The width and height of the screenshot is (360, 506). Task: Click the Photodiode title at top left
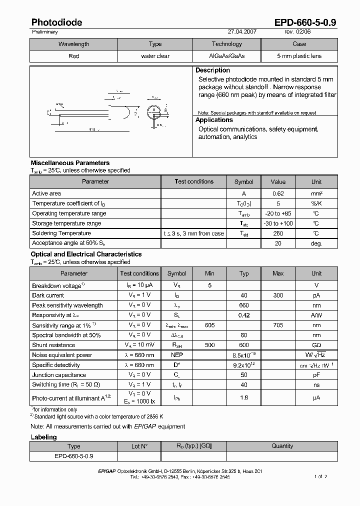56,22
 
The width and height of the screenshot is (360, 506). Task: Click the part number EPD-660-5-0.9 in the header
305,22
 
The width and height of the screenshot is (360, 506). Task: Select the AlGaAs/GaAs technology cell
226,56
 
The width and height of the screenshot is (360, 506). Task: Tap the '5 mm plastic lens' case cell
299,56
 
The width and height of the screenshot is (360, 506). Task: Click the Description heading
212,70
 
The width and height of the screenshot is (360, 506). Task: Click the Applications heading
214,120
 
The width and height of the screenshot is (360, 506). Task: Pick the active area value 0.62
278,193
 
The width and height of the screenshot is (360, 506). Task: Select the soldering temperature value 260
278,233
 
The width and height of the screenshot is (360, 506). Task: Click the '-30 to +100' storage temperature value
278,223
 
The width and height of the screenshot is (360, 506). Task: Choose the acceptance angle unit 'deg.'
316,243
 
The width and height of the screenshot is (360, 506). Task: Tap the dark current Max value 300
278,295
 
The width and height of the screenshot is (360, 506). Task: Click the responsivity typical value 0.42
244,315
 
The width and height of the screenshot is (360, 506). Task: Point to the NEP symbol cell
176,355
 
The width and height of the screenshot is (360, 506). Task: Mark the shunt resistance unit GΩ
316,345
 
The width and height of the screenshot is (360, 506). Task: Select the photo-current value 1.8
244,397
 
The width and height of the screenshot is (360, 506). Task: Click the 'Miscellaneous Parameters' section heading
70,163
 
